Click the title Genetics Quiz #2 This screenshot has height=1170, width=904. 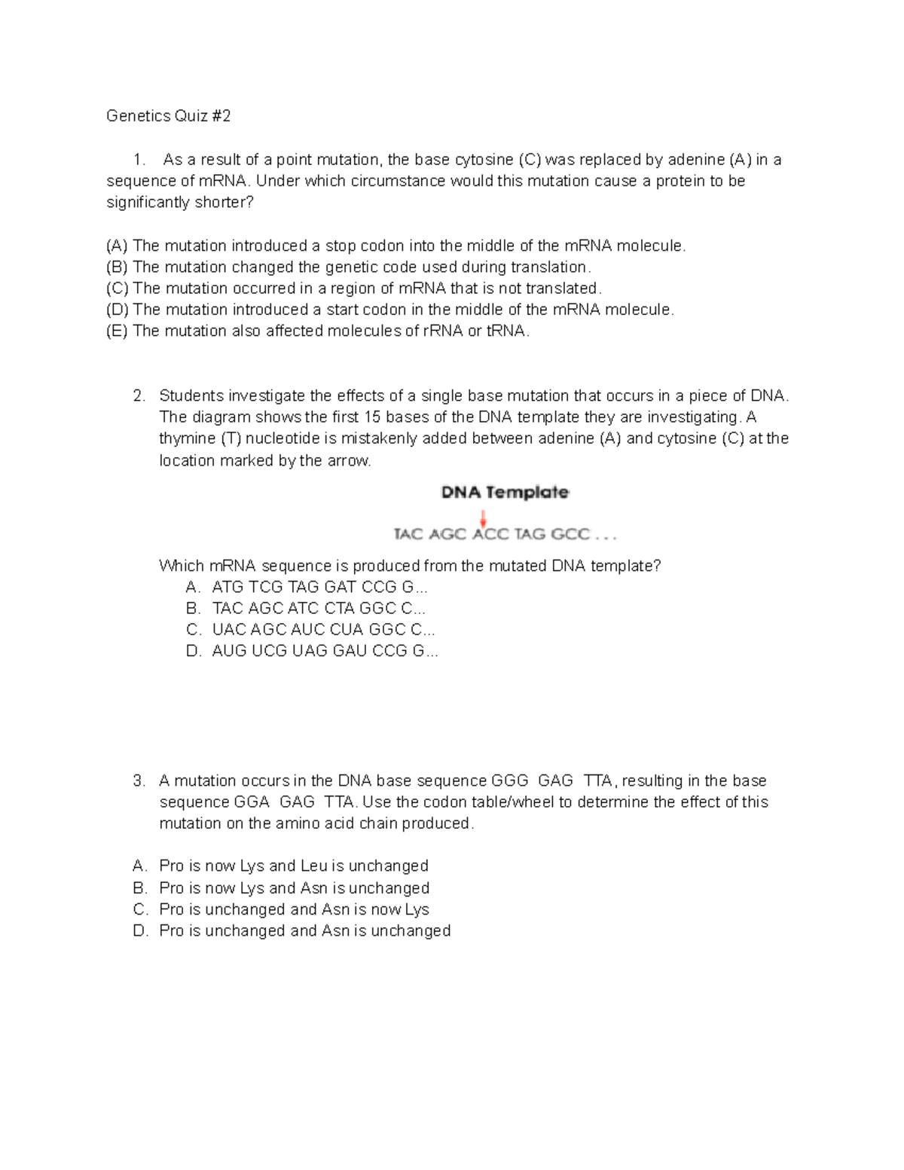[168, 116]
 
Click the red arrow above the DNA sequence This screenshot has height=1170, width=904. [483, 518]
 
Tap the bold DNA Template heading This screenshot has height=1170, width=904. [505, 493]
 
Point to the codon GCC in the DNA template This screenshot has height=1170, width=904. [570, 535]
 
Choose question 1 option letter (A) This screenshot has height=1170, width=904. [118, 246]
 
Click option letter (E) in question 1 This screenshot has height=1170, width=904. [118, 331]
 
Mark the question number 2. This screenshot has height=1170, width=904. [139, 396]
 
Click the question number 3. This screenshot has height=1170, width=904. [139, 781]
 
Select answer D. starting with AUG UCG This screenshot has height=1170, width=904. [324, 652]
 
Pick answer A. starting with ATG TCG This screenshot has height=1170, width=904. [319, 588]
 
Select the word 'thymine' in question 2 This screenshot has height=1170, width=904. [187, 438]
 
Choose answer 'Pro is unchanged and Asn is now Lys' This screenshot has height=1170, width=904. [294, 910]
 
